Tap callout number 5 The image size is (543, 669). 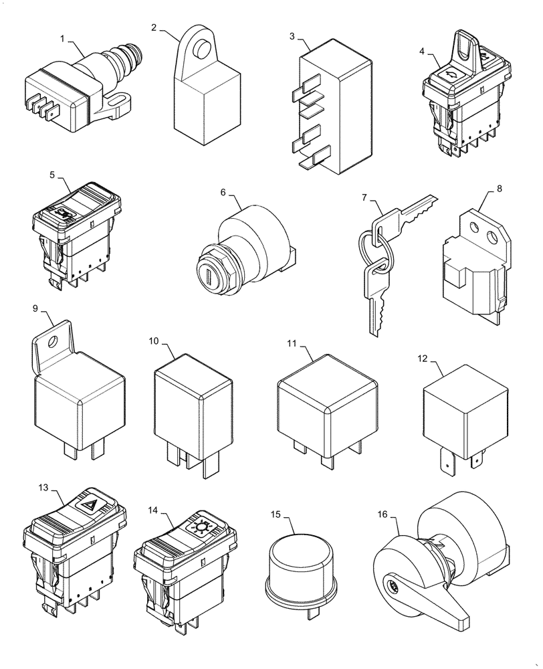point(52,175)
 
